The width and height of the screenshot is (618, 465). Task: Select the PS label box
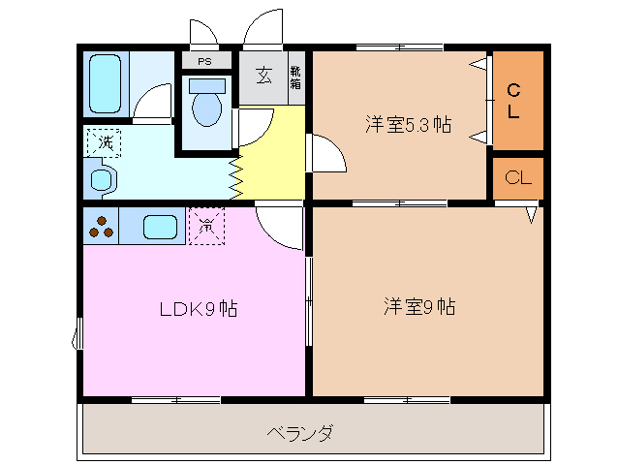click(x=204, y=61)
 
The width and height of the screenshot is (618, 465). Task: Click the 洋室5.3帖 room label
click(x=408, y=123)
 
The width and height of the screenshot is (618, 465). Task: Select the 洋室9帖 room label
click(x=419, y=307)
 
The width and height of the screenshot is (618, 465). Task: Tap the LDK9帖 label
click(x=199, y=309)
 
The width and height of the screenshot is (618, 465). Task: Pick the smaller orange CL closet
click(x=517, y=178)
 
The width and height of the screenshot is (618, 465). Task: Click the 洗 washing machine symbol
click(x=104, y=142)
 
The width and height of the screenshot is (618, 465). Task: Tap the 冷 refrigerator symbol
click(x=206, y=226)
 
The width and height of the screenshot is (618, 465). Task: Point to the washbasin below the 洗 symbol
click(x=101, y=179)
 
